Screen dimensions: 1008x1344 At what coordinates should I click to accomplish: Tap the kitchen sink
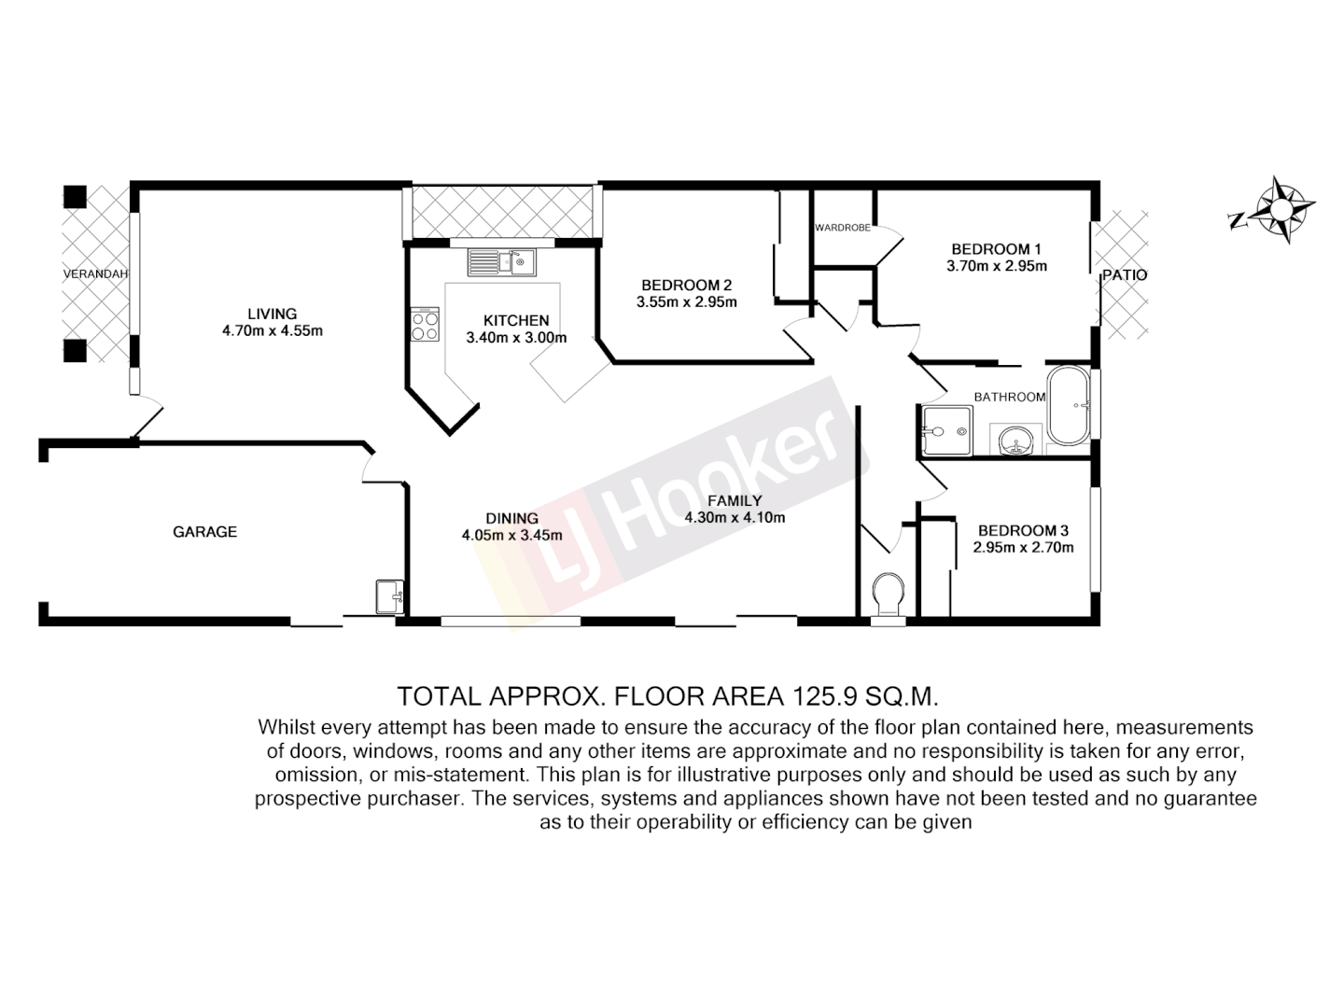pos(500,262)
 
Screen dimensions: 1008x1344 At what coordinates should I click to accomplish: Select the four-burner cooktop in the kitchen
pos(425,324)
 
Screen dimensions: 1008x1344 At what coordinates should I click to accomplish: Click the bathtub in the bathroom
pos(1069,406)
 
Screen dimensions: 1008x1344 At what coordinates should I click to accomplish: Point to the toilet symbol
pos(887,595)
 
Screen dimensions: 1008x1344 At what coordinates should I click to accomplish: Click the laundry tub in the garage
pos(389,595)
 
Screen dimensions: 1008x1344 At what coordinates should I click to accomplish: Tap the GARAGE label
pos(204,532)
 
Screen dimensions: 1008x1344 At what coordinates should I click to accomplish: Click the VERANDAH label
pos(94,274)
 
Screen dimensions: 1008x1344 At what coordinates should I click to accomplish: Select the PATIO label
pos(1124,275)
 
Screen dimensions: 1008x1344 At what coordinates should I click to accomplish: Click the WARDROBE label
pos(842,227)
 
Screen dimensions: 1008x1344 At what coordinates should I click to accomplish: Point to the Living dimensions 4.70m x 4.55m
pos(272,330)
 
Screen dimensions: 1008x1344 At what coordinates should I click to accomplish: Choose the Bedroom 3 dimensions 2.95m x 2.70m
pos(1023,548)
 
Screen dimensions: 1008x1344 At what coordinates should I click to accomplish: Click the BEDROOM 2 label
pos(686,286)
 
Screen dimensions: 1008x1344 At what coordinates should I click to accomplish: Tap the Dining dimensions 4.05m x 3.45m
pos(511,536)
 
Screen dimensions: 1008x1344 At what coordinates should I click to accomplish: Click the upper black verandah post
pos(75,197)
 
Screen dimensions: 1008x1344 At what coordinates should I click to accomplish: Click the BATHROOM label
pos(1009,397)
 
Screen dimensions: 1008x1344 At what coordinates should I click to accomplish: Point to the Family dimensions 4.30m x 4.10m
pos(735,518)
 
